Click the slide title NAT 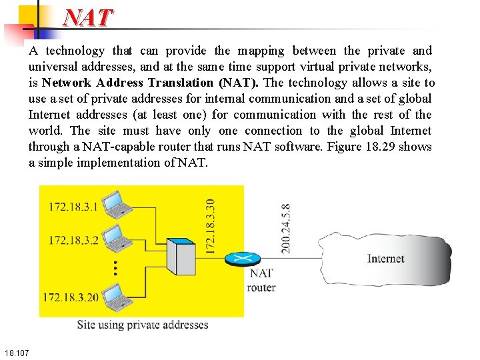tap(88, 17)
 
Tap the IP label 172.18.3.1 tap(73, 207)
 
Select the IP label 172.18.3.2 tap(73, 240)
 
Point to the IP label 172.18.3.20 tap(71, 297)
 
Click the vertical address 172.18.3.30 tap(210, 227)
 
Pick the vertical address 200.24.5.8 tap(285, 228)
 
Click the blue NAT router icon tap(237, 259)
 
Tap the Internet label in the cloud tap(385, 259)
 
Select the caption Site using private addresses tap(143, 325)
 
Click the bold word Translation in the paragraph tap(183, 83)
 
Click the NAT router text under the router tap(261, 281)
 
